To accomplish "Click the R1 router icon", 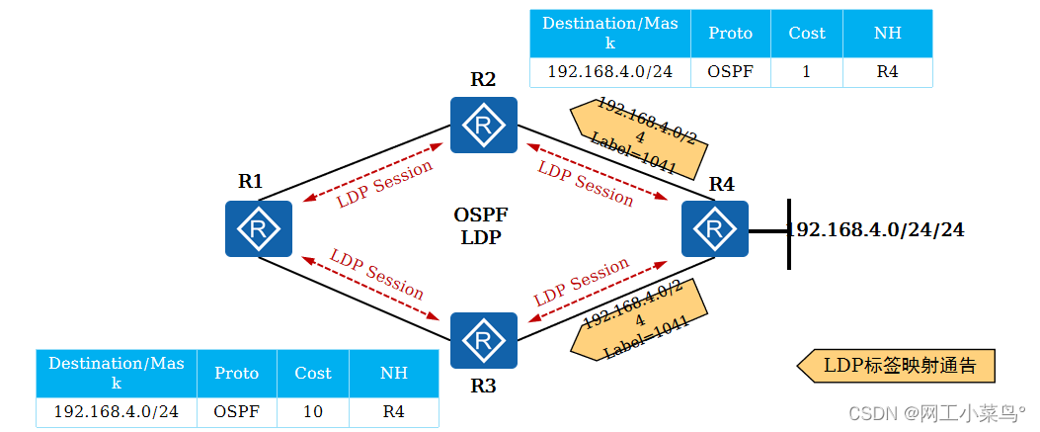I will [x=259, y=228].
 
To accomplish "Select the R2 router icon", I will [x=484, y=125].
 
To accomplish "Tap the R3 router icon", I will [x=484, y=340].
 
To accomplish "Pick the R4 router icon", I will [x=715, y=228].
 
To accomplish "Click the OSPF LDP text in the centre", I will [x=481, y=225].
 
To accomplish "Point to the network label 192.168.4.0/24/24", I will [x=876, y=230].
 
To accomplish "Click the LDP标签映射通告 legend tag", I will [x=896, y=366].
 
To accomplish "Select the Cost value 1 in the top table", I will [x=806, y=72].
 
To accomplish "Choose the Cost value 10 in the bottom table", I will [x=312, y=411].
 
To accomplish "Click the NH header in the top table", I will [x=887, y=33].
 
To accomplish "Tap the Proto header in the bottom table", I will [x=236, y=373].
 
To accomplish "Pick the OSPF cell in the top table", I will [x=730, y=72].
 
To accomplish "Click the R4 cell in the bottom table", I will [x=393, y=411].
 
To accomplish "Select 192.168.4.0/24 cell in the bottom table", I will [x=116, y=411].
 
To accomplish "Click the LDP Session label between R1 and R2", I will [x=384, y=184].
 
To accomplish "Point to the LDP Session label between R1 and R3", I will [x=377, y=274].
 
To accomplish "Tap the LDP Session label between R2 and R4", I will [x=586, y=184].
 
